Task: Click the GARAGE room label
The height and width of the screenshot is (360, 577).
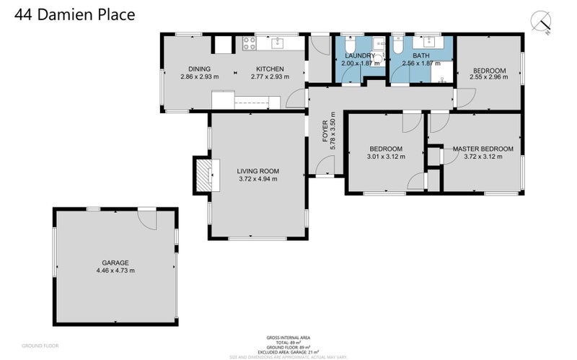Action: click(115, 263)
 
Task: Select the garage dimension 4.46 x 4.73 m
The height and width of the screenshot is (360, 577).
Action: click(115, 271)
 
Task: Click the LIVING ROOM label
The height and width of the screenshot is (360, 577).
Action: click(258, 171)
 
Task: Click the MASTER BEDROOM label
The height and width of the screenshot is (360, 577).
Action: click(483, 149)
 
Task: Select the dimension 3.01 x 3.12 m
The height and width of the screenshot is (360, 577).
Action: click(384, 157)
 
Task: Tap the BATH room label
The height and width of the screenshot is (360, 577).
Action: click(420, 56)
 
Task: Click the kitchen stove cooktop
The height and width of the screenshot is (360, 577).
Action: click(250, 44)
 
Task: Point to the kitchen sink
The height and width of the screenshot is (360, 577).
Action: click(278, 44)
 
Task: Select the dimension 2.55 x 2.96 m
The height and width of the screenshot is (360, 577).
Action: click(488, 77)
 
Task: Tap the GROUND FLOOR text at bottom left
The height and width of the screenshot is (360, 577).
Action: click(40, 346)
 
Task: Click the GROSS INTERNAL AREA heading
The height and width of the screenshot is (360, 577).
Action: click(288, 337)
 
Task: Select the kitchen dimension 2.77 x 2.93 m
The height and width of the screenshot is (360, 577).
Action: click(267, 76)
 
